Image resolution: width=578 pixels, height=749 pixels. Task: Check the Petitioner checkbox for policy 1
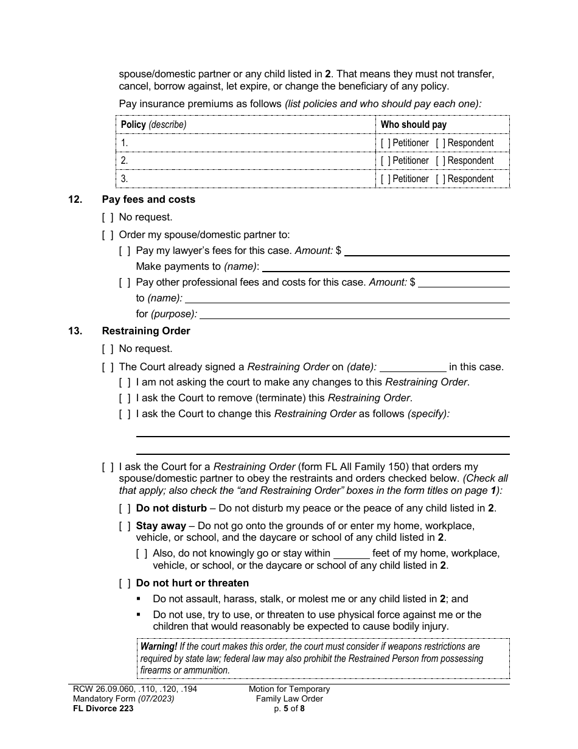(386, 143)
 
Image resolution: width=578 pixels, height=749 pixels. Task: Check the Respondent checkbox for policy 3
(440, 179)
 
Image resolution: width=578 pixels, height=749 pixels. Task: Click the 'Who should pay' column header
(414, 125)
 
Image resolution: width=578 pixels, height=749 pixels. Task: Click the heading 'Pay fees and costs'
(148, 199)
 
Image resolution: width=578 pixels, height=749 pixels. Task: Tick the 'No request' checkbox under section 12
(108, 217)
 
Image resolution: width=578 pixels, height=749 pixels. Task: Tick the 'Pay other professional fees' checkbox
(125, 283)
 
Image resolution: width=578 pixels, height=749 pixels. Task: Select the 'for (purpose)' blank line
(355, 314)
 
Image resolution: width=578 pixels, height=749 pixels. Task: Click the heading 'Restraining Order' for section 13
(146, 331)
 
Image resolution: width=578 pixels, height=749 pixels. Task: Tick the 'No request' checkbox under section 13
(108, 349)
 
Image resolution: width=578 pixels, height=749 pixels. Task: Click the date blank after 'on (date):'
(413, 367)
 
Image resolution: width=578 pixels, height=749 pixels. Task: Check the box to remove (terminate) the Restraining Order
(125, 398)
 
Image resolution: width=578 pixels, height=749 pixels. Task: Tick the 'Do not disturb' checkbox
(125, 508)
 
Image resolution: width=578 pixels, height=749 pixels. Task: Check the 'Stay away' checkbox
(125, 526)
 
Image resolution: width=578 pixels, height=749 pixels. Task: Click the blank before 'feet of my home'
(352, 554)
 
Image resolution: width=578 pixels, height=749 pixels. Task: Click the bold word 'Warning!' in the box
(159, 647)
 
